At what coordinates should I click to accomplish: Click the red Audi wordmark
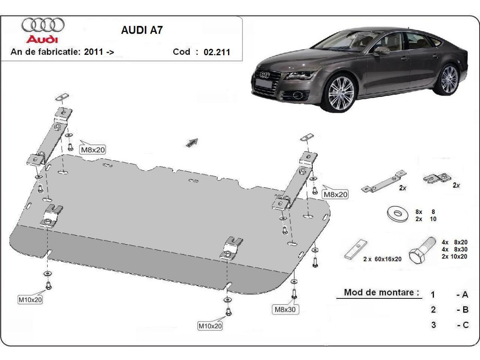pyautogui.click(x=42, y=40)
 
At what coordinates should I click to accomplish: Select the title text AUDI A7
pyautogui.click(x=142, y=30)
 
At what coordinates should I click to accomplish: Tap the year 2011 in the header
pyautogui.click(x=94, y=52)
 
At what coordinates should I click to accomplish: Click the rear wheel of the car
pyautogui.click(x=449, y=79)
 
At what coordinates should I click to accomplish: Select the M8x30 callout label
pyautogui.click(x=286, y=309)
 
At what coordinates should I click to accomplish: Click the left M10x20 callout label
pyautogui.click(x=30, y=299)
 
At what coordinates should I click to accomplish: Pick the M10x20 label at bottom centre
pyautogui.click(x=210, y=326)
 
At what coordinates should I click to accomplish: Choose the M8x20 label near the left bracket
pyautogui.click(x=93, y=150)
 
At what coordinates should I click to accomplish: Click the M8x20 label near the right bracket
pyautogui.click(x=335, y=194)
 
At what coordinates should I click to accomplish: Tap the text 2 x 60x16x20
pyautogui.click(x=382, y=259)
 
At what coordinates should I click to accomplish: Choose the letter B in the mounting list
pyautogui.click(x=465, y=310)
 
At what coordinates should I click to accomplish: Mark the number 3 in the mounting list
pyautogui.click(x=433, y=325)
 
